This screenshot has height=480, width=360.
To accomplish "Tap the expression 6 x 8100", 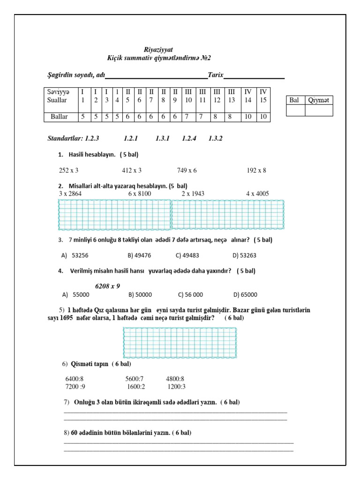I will (139, 193).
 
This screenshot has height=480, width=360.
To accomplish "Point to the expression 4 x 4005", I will (258, 193).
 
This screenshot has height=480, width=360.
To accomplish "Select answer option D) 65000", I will (245, 295).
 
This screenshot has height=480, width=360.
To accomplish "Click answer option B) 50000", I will (140, 295).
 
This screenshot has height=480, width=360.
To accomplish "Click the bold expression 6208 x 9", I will (107, 286).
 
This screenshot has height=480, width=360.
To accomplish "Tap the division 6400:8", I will (75, 379).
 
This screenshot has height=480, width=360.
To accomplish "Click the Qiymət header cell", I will (319, 100).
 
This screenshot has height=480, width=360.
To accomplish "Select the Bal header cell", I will (295, 100).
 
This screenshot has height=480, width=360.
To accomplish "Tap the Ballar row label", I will (59, 117).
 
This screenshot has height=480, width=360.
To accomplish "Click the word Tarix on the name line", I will (216, 75).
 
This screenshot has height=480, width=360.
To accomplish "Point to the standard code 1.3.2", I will (215, 138).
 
